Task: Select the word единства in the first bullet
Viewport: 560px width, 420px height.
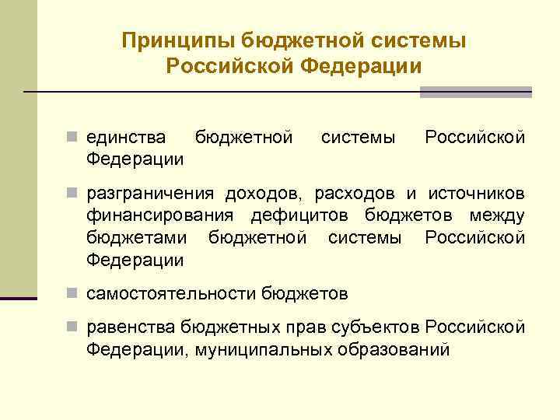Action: click(x=126, y=138)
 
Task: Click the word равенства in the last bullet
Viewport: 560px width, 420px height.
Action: click(x=131, y=327)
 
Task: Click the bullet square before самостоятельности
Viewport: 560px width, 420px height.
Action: click(x=72, y=294)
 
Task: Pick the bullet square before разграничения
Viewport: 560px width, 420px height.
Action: click(x=72, y=192)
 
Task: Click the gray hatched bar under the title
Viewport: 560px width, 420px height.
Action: click(x=475, y=92)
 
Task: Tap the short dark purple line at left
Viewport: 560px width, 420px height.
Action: click(x=18, y=298)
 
